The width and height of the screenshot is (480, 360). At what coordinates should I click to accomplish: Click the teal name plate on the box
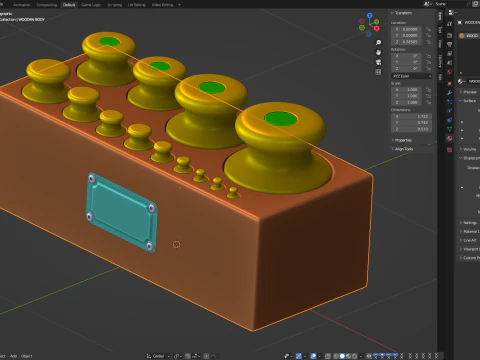click(120, 212)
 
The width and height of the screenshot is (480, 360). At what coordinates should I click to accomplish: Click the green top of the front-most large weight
click(281, 122)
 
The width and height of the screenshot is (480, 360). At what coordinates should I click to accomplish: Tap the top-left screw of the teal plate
click(91, 179)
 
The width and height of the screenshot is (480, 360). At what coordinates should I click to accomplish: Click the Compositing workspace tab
click(44, 4)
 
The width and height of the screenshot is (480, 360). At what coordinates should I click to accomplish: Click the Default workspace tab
click(69, 4)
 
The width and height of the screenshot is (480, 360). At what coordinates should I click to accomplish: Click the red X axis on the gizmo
click(377, 29)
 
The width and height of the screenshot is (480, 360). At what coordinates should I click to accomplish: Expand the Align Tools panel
click(405, 147)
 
